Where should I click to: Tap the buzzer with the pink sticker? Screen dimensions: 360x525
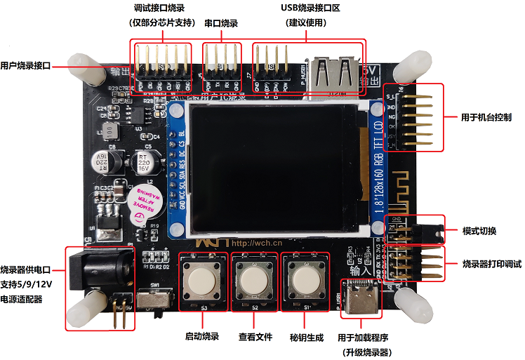pyautogui.click(x=148, y=204)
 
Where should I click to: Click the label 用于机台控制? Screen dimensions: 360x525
pyautogui.click(x=486, y=116)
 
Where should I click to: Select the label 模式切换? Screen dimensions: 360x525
pyautogui.click(x=479, y=231)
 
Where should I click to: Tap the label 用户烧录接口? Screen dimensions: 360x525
pyautogui.click(x=26, y=66)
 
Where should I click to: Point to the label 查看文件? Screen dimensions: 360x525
pyautogui.click(x=255, y=337)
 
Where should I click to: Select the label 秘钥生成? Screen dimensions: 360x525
pyautogui.click(x=307, y=337)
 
